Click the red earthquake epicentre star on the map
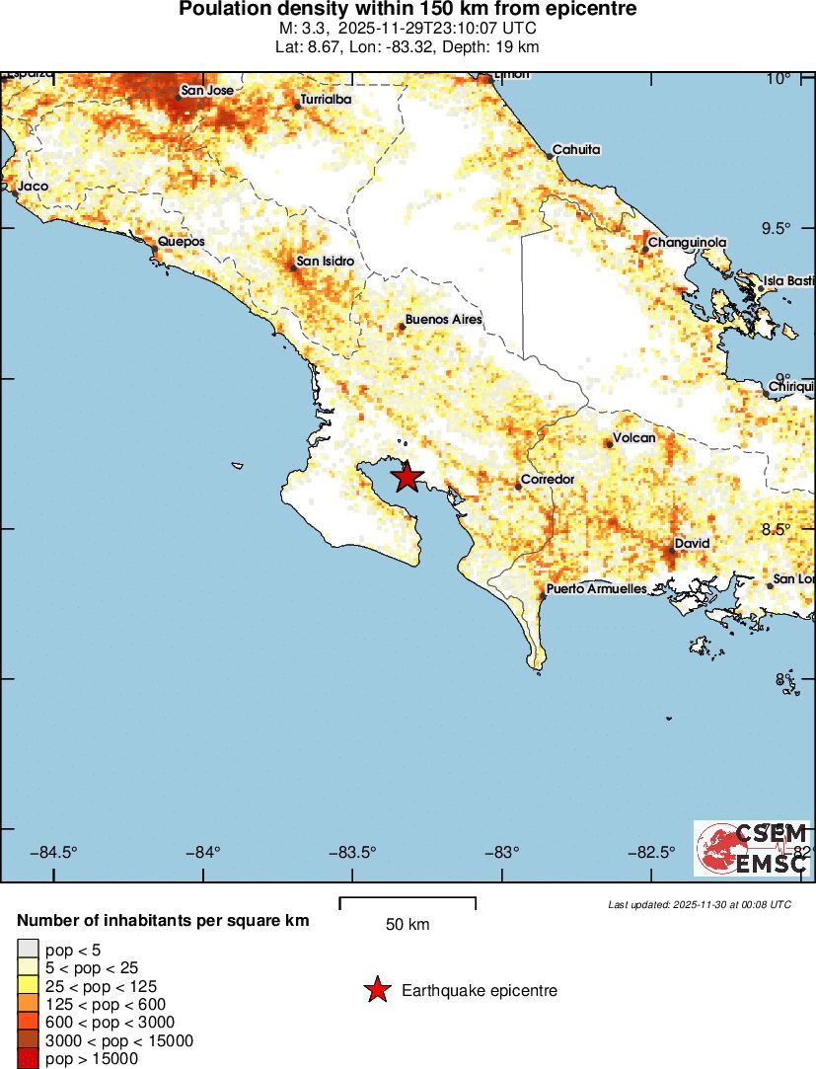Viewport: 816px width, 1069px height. tap(407, 478)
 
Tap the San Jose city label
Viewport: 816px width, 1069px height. tap(207, 91)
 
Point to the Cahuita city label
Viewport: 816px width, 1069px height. tap(576, 150)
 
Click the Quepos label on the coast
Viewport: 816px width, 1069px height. tap(182, 242)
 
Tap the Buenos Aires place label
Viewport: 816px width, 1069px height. tap(443, 320)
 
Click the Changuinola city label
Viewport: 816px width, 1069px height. tap(687, 243)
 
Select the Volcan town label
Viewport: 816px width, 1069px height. tap(634, 437)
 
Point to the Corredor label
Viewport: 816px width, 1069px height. tap(547, 480)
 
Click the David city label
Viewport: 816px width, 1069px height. tap(693, 544)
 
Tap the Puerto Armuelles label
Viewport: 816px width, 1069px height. tap(596, 589)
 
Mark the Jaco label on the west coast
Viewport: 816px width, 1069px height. tap(33, 186)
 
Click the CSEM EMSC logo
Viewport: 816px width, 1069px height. tap(752, 848)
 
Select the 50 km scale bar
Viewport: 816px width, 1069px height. tap(408, 903)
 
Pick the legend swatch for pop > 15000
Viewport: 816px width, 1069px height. tap(28, 1059)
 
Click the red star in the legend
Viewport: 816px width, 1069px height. tap(376, 990)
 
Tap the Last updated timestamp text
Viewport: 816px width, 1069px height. tap(699, 904)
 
